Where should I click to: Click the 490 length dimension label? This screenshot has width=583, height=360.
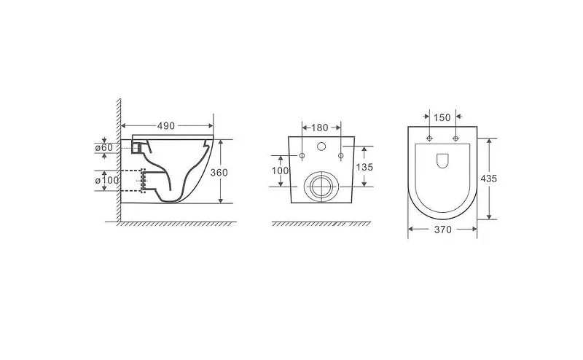pyautogui.click(x=166, y=126)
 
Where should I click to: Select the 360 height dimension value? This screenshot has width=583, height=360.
pyautogui.click(x=219, y=173)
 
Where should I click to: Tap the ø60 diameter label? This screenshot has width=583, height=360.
pyautogui.click(x=103, y=147)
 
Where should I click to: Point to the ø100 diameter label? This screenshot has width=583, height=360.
pyautogui.click(x=107, y=181)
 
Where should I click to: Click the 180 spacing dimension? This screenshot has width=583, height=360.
pyautogui.click(x=320, y=128)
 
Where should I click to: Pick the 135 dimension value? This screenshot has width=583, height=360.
pyautogui.click(x=364, y=168)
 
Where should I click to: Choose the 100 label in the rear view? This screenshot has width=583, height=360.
pyautogui.click(x=280, y=171)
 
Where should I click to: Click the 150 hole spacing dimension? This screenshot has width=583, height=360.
pyautogui.click(x=442, y=117)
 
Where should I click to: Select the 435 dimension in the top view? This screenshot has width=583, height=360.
pyautogui.click(x=488, y=179)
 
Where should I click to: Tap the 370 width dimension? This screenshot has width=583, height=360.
pyautogui.click(x=443, y=230)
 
